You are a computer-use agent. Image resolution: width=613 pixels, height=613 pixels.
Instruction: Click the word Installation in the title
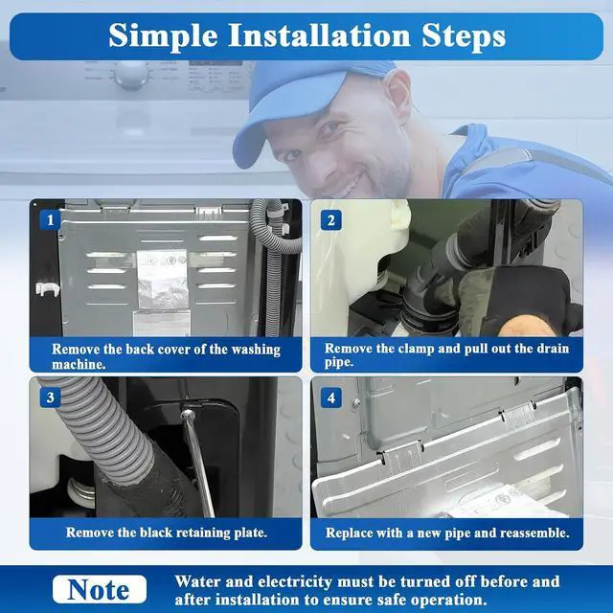[x=319, y=36]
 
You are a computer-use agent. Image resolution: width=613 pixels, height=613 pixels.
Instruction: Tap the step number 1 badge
[x=50, y=220]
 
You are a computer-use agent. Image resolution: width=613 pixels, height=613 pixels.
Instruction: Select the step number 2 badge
[x=331, y=220]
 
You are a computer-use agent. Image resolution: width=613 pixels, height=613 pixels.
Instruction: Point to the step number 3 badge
[x=50, y=397]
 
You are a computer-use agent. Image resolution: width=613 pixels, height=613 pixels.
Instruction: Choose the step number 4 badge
[x=331, y=397]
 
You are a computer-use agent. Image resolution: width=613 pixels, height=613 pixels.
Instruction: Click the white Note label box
[x=100, y=589]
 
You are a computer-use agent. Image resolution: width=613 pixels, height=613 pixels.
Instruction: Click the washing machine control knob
[x=131, y=76]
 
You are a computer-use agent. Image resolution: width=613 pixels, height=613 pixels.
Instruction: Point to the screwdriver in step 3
[x=198, y=462]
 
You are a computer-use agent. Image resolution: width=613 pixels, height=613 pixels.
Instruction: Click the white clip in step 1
[x=47, y=288]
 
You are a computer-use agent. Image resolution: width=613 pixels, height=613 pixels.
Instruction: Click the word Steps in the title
[x=464, y=36]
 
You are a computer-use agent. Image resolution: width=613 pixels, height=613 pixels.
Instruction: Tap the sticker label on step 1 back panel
[x=162, y=279]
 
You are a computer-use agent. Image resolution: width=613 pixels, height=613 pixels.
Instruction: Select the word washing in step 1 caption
[x=256, y=350]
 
